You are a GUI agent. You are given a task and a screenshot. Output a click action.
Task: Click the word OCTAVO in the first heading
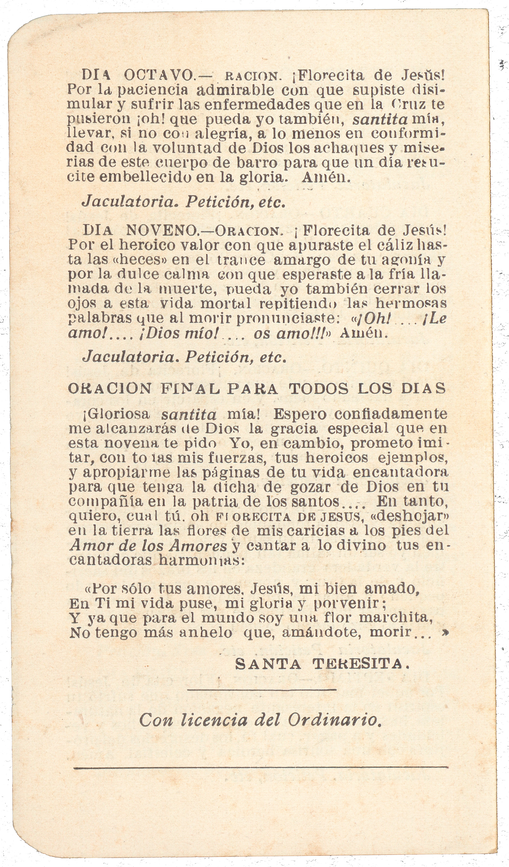pos(159,75)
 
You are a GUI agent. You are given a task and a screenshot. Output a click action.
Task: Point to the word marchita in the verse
pos(395,618)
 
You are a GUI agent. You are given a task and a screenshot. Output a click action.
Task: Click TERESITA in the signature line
pos(361,664)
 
